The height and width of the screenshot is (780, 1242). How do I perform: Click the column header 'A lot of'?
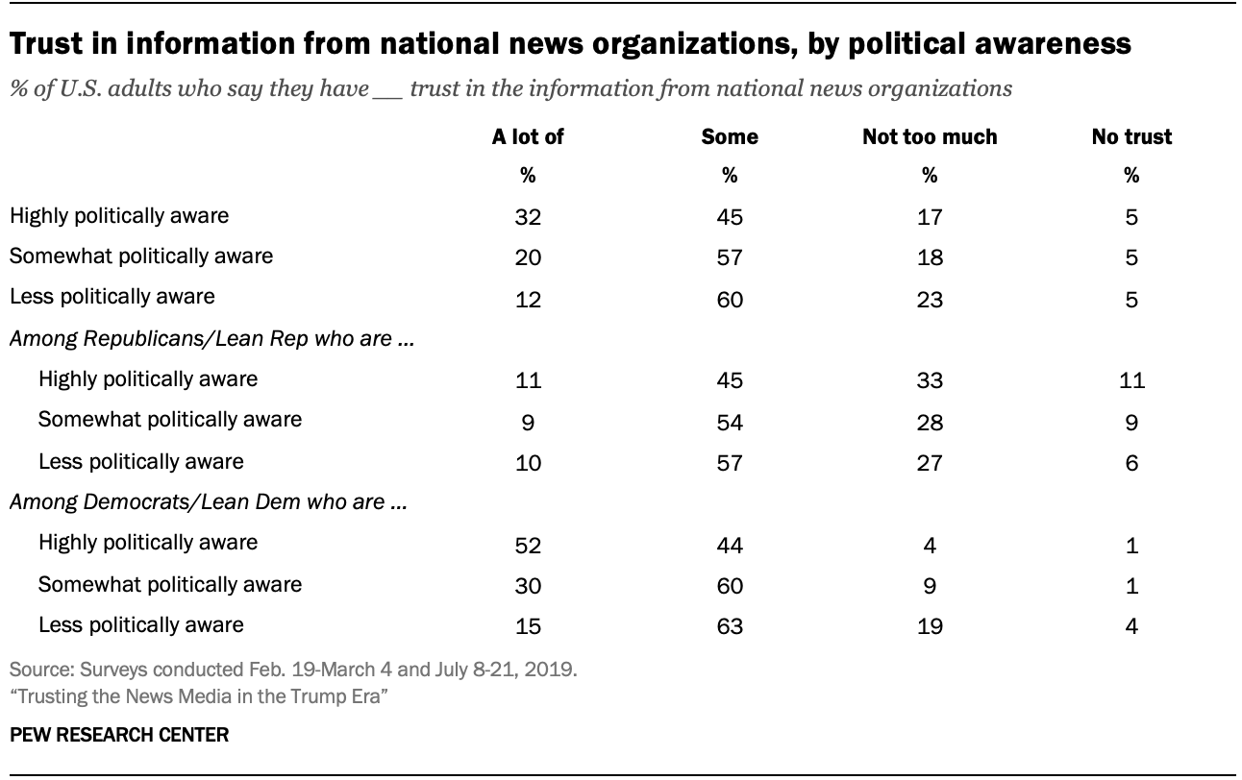(528, 136)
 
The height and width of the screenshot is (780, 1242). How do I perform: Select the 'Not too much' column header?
(930, 136)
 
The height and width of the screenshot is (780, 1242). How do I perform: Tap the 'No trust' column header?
(1131, 136)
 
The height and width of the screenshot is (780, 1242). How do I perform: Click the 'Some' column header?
(730, 136)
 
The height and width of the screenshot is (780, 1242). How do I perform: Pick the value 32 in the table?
(528, 217)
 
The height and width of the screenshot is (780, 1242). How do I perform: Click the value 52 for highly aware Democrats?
(528, 545)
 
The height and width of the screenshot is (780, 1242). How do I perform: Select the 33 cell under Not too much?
(930, 380)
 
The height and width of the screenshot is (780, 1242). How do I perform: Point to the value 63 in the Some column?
(730, 627)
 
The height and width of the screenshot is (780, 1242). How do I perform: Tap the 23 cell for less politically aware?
(930, 299)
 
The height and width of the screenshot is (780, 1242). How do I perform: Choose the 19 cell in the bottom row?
(930, 627)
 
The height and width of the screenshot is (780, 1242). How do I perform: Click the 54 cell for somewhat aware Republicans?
(730, 422)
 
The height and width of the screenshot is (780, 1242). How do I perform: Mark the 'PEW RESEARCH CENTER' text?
(119, 735)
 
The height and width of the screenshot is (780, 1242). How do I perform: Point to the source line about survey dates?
(292, 670)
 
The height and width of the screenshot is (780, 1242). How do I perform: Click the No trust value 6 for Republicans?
(1131, 463)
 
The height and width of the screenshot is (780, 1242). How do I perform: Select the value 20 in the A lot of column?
(528, 257)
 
